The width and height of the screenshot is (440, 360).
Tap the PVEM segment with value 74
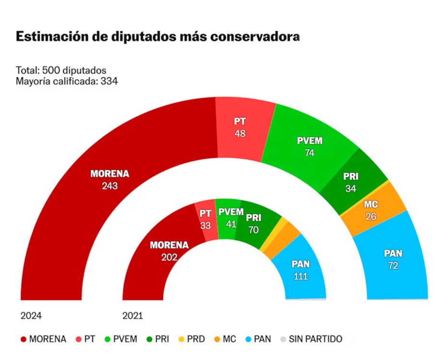point(307,146)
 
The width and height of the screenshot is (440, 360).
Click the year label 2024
point(31,316)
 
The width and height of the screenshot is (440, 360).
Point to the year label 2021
point(133,316)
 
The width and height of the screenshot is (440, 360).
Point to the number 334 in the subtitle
point(109,81)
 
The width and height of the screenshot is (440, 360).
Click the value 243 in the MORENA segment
point(110,186)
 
